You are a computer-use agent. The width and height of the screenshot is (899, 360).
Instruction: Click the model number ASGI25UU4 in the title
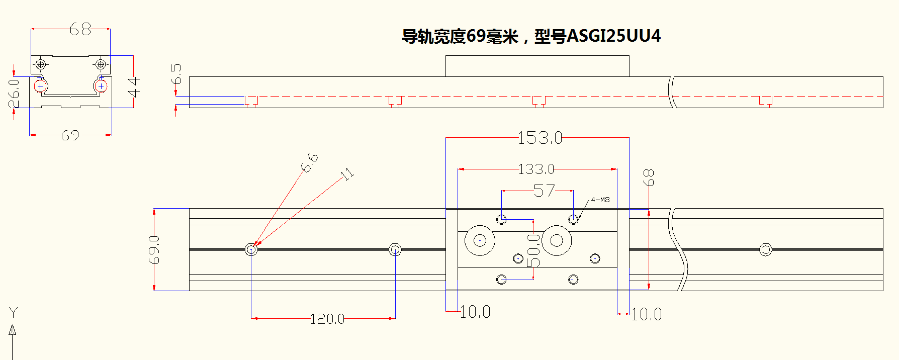click(x=613, y=36)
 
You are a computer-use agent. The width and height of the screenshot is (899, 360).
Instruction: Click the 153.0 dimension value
click(x=540, y=138)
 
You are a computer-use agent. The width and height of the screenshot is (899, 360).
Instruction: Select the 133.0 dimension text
click(x=536, y=169)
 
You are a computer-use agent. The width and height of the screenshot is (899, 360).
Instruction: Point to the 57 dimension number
click(x=544, y=191)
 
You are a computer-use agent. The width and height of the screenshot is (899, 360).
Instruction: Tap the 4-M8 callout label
click(x=600, y=200)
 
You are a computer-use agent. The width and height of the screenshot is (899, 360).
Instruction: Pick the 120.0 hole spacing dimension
click(x=327, y=319)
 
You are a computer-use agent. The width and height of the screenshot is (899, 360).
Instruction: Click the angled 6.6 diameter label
click(x=310, y=163)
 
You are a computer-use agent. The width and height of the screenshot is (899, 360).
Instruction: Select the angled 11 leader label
click(x=347, y=174)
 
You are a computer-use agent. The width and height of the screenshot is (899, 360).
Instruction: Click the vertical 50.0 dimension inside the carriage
click(x=533, y=250)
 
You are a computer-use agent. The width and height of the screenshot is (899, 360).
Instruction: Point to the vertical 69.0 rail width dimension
click(x=154, y=249)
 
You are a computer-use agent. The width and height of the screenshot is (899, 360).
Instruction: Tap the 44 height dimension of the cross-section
click(x=134, y=86)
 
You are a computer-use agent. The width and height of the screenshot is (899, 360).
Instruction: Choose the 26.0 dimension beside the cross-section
click(x=14, y=93)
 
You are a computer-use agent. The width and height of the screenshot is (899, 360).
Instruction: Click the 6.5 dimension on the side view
click(x=176, y=74)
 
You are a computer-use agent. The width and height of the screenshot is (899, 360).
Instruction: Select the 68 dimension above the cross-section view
click(x=80, y=30)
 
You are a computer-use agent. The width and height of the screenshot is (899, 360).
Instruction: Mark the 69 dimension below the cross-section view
click(x=70, y=135)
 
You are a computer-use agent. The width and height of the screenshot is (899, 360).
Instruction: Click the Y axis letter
click(x=13, y=313)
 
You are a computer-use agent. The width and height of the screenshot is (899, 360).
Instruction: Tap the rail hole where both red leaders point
click(x=251, y=249)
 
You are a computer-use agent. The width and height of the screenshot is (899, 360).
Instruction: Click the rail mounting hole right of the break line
click(x=765, y=249)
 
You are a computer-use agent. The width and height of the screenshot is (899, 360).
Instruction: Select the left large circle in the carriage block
click(x=480, y=240)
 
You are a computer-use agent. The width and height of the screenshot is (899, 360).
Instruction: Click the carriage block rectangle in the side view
click(x=537, y=66)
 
